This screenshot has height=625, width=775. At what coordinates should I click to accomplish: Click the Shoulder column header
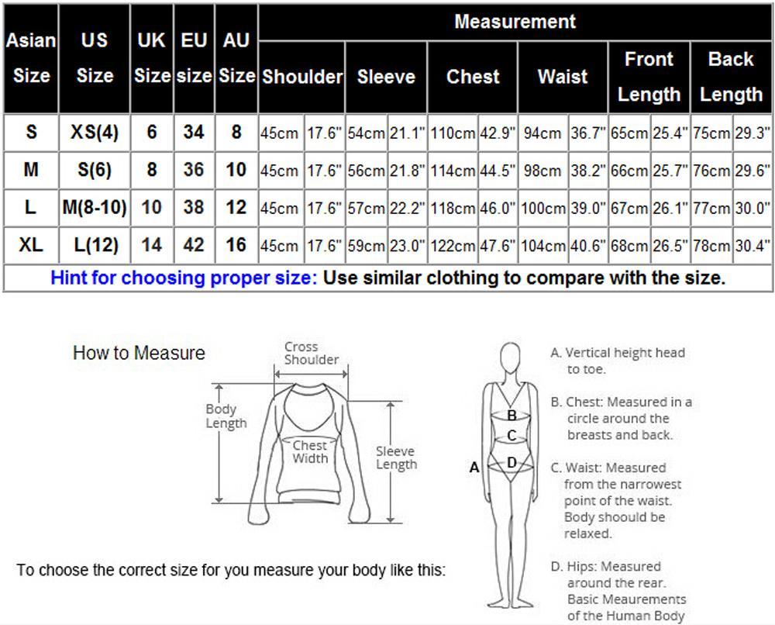[x=302, y=77]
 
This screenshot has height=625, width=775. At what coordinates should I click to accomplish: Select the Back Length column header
[x=731, y=77]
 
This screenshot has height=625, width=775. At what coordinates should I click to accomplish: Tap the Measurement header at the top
[x=515, y=22]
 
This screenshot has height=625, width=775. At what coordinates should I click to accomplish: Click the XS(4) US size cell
[x=95, y=133]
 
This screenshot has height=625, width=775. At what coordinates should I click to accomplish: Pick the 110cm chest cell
[x=453, y=133]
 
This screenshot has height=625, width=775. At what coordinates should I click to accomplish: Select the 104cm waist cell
[x=543, y=246]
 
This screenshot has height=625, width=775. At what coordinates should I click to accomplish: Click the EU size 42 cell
[x=194, y=245]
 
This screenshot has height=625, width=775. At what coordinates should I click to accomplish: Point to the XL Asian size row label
[x=31, y=245]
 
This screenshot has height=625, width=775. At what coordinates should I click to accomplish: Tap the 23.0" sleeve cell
[x=408, y=246]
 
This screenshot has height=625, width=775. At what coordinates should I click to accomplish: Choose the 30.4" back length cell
[x=753, y=246]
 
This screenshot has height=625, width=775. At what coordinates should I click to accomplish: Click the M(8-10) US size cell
[x=95, y=208]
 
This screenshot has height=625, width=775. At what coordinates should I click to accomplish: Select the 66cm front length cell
[x=629, y=171]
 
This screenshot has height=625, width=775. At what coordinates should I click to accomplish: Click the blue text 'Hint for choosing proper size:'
[x=184, y=278]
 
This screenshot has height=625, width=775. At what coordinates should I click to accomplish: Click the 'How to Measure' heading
[x=139, y=353]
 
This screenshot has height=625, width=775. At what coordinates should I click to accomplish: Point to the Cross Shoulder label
[x=312, y=353]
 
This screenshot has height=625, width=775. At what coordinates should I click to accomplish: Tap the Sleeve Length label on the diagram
[x=396, y=458]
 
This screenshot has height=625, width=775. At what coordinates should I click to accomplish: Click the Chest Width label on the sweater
[x=310, y=451]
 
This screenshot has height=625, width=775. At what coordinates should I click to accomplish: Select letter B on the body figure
[x=512, y=416]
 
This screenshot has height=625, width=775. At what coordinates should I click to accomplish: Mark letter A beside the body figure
[x=474, y=468]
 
